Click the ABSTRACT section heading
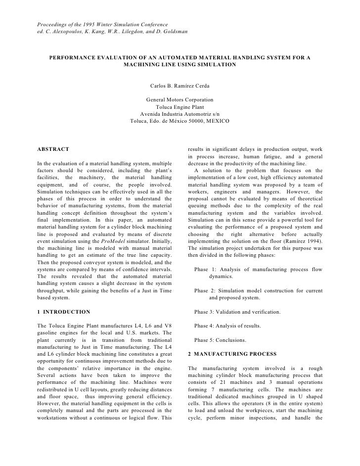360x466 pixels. coord(53,149)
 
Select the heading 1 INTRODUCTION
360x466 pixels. coord(64,312)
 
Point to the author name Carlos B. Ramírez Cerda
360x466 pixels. coord(180,87)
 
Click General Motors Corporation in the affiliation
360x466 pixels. coord(180,100)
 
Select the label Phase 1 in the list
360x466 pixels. coord(207,270)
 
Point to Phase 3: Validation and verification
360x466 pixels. coord(237,312)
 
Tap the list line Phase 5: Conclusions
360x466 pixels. coord(227,340)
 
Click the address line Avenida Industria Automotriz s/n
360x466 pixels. coord(180,114)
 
